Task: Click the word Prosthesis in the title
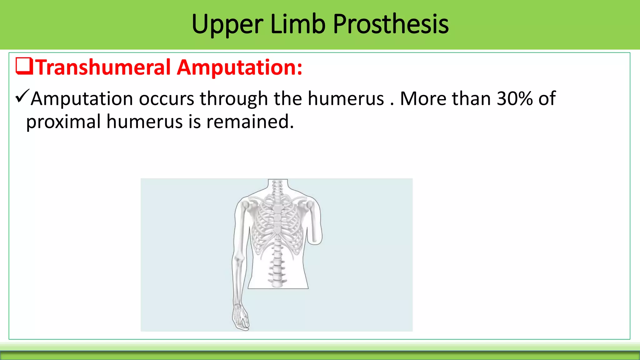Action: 391,24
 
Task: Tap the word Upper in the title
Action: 227,24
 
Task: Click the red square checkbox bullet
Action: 24,66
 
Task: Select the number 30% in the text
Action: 515,99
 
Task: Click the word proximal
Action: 63,122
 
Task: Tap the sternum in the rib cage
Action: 277,219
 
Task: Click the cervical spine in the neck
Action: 277,187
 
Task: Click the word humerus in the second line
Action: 144,122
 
